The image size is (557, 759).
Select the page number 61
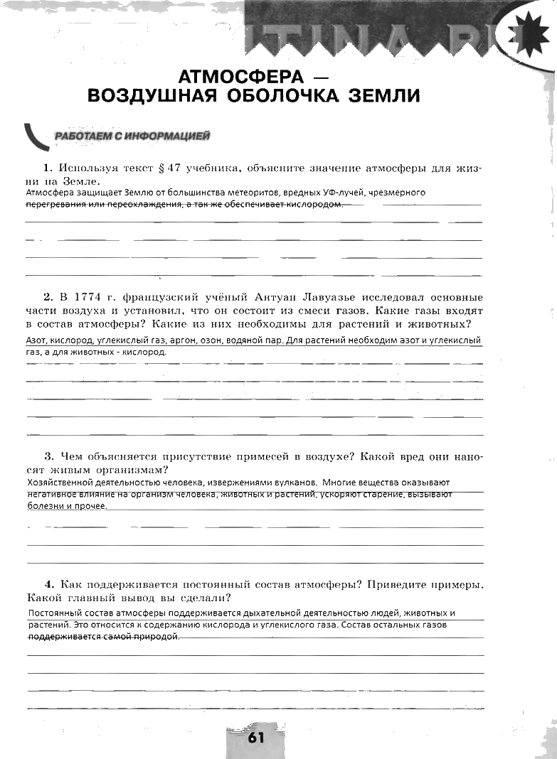[256, 737]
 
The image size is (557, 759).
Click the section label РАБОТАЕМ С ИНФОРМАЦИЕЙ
[132, 135]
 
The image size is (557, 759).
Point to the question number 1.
[48, 168]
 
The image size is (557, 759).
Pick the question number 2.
[48, 297]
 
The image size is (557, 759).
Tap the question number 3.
[48, 456]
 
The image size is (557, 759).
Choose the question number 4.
[48, 585]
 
